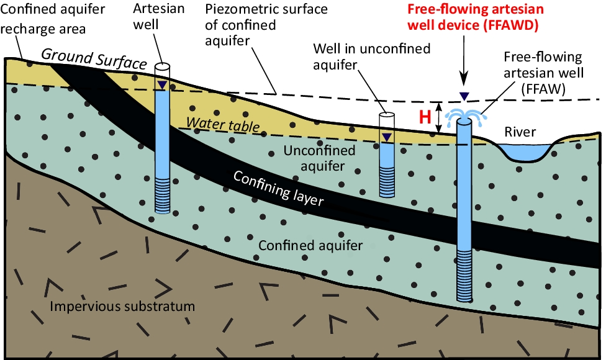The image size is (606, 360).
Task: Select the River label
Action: click(x=520, y=132)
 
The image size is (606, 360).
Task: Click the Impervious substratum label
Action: click(x=123, y=307)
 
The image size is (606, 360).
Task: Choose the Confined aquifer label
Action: click(x=310, y=245)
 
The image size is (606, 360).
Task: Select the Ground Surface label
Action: click(x=94, y=60)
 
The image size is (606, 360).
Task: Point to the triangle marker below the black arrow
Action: click(x=463, y=95)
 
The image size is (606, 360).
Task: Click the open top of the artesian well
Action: click(x=162, y=66)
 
